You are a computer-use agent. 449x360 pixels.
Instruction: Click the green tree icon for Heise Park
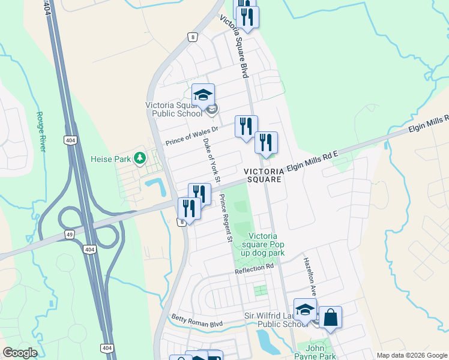(140, 158)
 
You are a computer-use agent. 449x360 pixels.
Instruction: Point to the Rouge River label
(41, 131)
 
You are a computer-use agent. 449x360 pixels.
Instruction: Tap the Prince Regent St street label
(226, 218)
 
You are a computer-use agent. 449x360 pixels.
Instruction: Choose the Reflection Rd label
(254, 269)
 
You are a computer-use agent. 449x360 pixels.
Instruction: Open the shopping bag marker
(330, 317)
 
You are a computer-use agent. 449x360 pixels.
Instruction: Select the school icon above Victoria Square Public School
(203, 94)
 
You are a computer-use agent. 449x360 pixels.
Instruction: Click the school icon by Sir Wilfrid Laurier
(305, 310)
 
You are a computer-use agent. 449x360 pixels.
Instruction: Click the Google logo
(20, 353)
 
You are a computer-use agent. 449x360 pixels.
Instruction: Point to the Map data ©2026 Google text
(412, 355)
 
